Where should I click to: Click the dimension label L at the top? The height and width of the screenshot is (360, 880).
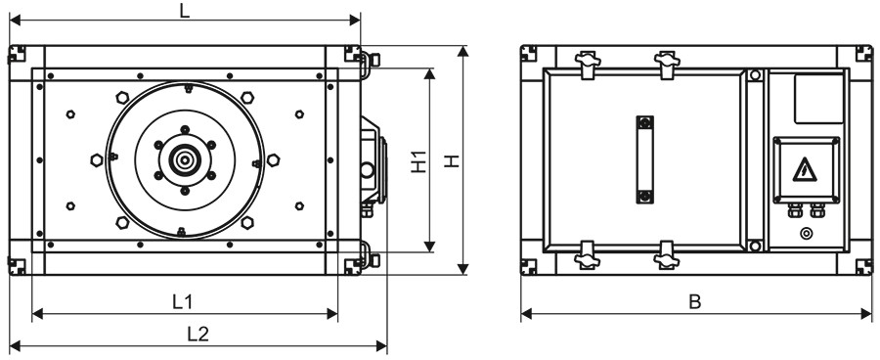(x=185, y=11)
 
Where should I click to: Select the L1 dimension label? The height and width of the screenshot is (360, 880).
(x=183, y=302)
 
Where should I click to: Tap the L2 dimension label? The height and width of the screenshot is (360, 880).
(x=198, y=335)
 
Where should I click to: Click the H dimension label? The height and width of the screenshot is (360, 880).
(x=453, y=161)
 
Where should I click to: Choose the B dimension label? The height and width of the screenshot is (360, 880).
(x=695, y=302)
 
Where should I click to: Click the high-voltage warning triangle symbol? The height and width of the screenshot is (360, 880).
(x=805, y=169)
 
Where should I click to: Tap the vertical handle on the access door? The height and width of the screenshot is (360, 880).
(x=645, y=159)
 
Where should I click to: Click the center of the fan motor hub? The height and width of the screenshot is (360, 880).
(x=184, y=160)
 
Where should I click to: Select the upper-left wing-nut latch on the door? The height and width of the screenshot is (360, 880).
(x=587, y=63)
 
